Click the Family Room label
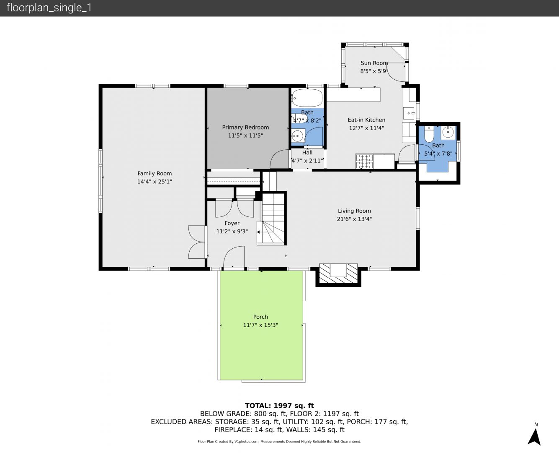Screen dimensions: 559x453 (155, 174)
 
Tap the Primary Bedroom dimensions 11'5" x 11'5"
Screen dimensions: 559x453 (245, 135)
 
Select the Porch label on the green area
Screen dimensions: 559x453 (260, 317)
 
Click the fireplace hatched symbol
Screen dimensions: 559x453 (338, 273)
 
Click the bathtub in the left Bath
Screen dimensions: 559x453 (307, 98)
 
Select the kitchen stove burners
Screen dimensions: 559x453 (364, 161)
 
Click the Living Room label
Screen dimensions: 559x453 (354, 211)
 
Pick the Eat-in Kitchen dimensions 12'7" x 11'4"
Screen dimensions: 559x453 (366, 128)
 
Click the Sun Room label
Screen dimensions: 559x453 (374, 63)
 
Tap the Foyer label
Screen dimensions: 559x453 (232, 223)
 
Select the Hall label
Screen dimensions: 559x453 (307, 153)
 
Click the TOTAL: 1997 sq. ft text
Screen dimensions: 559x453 (279, 406)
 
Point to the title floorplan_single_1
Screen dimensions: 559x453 (49, 8)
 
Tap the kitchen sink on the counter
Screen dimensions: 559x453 (409, 113)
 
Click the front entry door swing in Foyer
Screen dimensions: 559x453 (234, 257)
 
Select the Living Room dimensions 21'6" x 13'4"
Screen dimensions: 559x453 (354, 219)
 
